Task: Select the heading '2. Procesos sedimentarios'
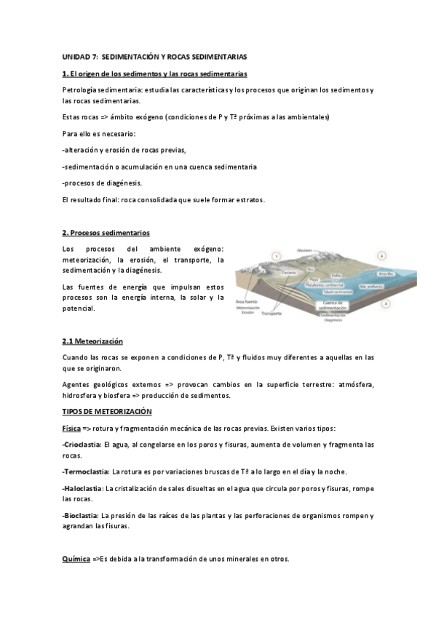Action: pos(106,233)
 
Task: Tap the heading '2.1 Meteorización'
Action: pos(92,341)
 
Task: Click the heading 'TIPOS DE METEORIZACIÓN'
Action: pos(107,412)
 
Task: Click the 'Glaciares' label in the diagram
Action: pos(304,250)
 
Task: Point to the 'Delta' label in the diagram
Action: pos(336,275)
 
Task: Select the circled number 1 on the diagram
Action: pos(276,255)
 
